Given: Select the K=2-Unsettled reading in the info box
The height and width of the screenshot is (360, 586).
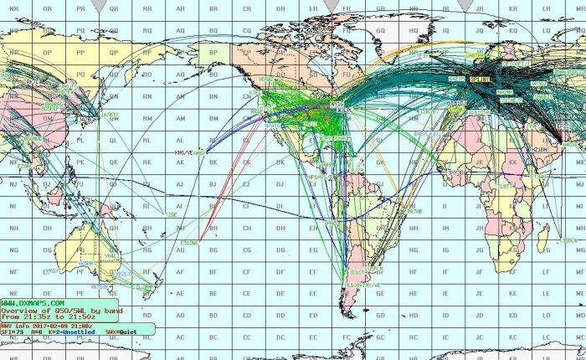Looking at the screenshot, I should pyautogui.click(x=66, y=332).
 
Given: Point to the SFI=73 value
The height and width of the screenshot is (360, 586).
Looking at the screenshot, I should pyautogui.click(x=12, y=332).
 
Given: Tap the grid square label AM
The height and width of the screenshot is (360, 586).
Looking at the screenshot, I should pyautogui.click(x=181, y=117).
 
